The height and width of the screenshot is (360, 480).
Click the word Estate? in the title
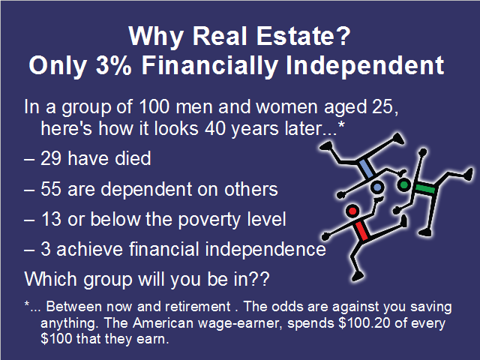click(303, 36)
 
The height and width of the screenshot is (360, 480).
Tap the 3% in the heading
click(113, 65)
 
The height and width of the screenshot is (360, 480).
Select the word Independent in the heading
click(364, 67)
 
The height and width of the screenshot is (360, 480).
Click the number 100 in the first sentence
click(154, 106)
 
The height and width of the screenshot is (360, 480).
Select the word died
click(133, 158)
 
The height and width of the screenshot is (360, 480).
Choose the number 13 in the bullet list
click(52, 219)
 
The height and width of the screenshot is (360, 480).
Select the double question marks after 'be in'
click(260, 279)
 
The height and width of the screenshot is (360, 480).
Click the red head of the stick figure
click(352, 211)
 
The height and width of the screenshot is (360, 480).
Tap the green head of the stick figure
click(404, 184)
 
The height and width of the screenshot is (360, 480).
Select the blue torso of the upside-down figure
click(367, 169)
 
